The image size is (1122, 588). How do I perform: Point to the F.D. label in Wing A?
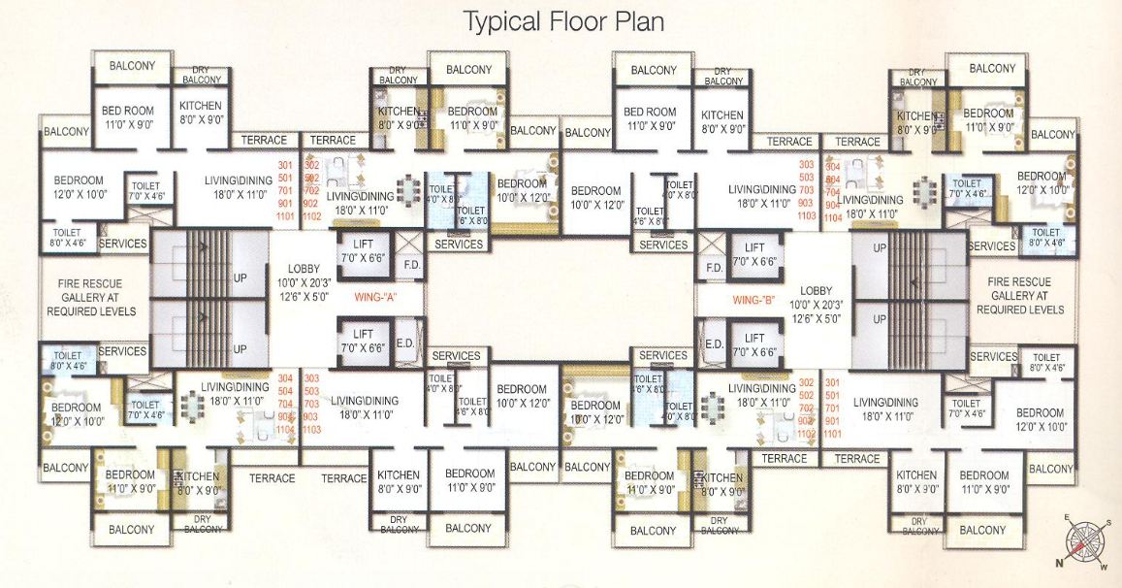click(411, 264)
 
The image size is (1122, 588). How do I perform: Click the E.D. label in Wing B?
click(715, 343)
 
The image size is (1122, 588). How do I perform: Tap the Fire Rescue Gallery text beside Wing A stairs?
click(91, 296)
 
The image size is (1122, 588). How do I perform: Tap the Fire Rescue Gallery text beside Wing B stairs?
click(1019, 295)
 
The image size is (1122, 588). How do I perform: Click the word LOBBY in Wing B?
click(817, 290)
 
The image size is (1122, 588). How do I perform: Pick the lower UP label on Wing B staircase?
click(881, 319)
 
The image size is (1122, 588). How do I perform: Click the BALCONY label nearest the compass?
click(1051, 469)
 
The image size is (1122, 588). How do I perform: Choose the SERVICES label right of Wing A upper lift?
click(459, 244)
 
